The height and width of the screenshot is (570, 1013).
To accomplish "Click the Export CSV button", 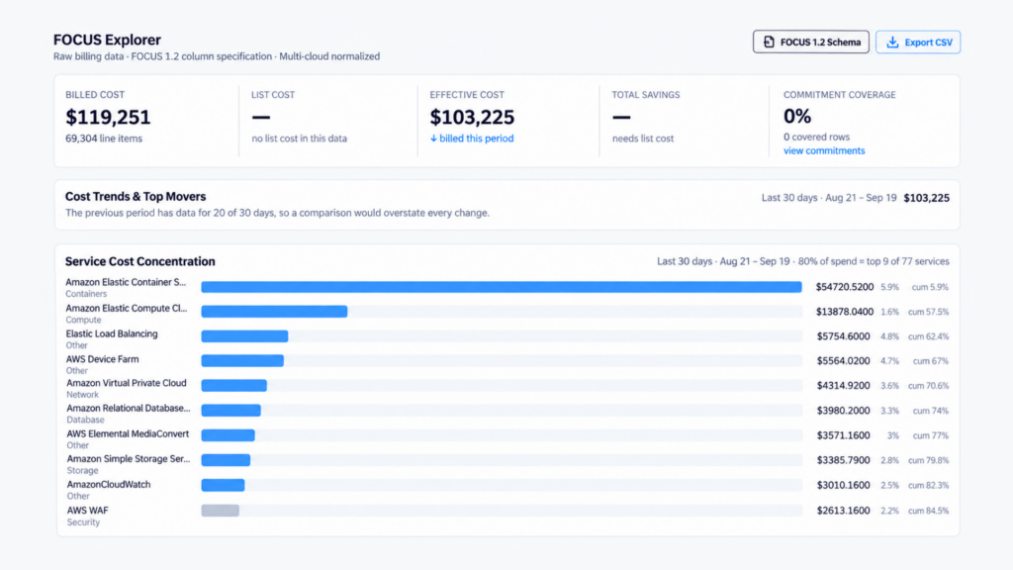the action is coord(918,42).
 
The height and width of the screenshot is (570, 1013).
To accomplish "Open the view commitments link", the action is coord(824,150).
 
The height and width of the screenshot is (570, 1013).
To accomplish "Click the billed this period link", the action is coord(472,139).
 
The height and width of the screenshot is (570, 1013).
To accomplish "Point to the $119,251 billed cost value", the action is coord(108,117).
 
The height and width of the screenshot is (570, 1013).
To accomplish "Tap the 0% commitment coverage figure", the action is coord(797,117).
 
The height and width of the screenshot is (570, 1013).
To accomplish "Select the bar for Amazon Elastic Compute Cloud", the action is coord(274,312).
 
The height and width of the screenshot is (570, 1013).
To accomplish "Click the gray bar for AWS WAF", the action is coord(220,511).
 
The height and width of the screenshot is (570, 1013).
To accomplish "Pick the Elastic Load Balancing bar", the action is coord(244,336).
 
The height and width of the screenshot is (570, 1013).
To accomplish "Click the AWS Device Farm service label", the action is coord(102,359).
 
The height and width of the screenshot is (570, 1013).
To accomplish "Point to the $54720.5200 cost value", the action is coord(845,287).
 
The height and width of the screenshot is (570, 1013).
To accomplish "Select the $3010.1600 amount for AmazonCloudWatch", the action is coord(843,485).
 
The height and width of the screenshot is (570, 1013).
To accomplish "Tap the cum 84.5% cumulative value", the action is coord(928,511).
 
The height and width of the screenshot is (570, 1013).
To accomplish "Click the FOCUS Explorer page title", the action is coord(107,40).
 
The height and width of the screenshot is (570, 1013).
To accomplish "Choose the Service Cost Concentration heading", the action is coord(140,261).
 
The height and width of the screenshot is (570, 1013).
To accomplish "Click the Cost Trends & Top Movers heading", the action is coord(136,197).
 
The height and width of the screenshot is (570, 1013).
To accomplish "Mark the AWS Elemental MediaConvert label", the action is coord(128,434).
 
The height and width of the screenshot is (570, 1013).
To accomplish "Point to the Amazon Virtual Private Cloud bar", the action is coord(233,386).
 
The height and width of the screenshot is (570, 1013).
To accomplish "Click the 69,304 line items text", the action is coord(104,139).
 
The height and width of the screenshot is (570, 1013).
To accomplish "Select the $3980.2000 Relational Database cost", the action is coord(843,411).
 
